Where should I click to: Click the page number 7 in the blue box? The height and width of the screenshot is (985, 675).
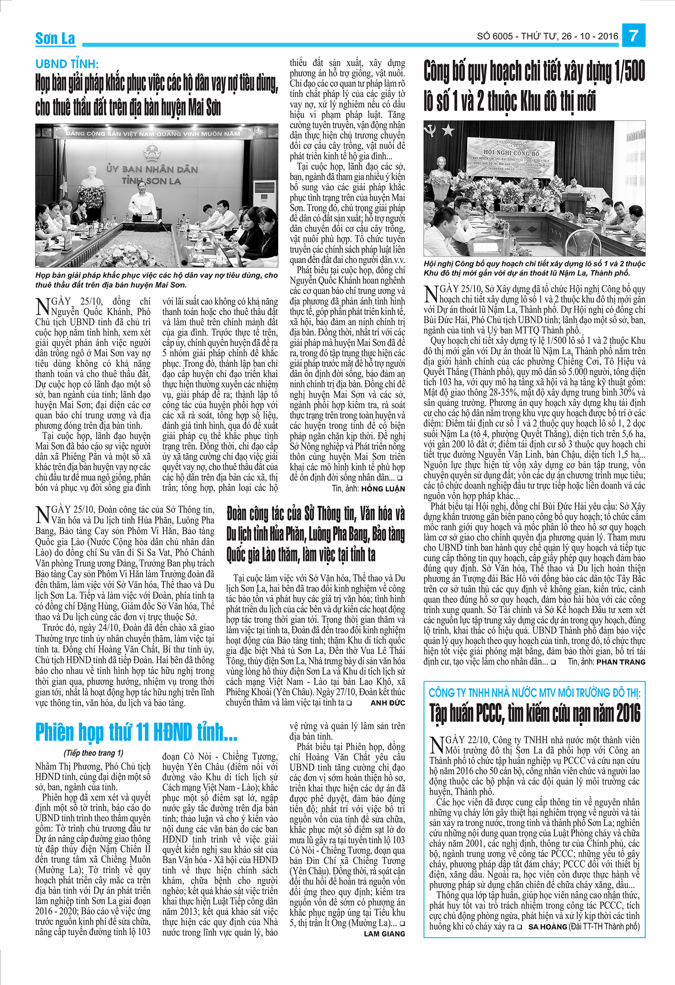634,35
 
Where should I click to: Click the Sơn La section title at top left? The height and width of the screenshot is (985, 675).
55,39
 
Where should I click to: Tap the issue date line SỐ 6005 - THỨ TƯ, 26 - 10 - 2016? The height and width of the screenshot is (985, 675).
548,36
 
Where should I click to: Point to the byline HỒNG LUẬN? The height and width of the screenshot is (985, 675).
382,489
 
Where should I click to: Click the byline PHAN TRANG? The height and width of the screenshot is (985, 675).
621,662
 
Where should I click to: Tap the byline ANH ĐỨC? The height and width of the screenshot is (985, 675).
387,703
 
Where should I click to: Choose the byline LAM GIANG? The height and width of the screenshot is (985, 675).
384,934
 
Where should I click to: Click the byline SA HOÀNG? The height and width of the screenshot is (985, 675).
547,927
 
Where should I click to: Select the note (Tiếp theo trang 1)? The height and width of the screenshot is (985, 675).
93,753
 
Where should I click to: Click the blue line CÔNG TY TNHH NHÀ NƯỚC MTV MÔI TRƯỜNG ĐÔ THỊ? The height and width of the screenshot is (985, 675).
534,693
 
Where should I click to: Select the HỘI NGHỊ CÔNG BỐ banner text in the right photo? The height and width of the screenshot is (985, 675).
511,153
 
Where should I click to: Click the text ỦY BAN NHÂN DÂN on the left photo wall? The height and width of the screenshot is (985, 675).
152,169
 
